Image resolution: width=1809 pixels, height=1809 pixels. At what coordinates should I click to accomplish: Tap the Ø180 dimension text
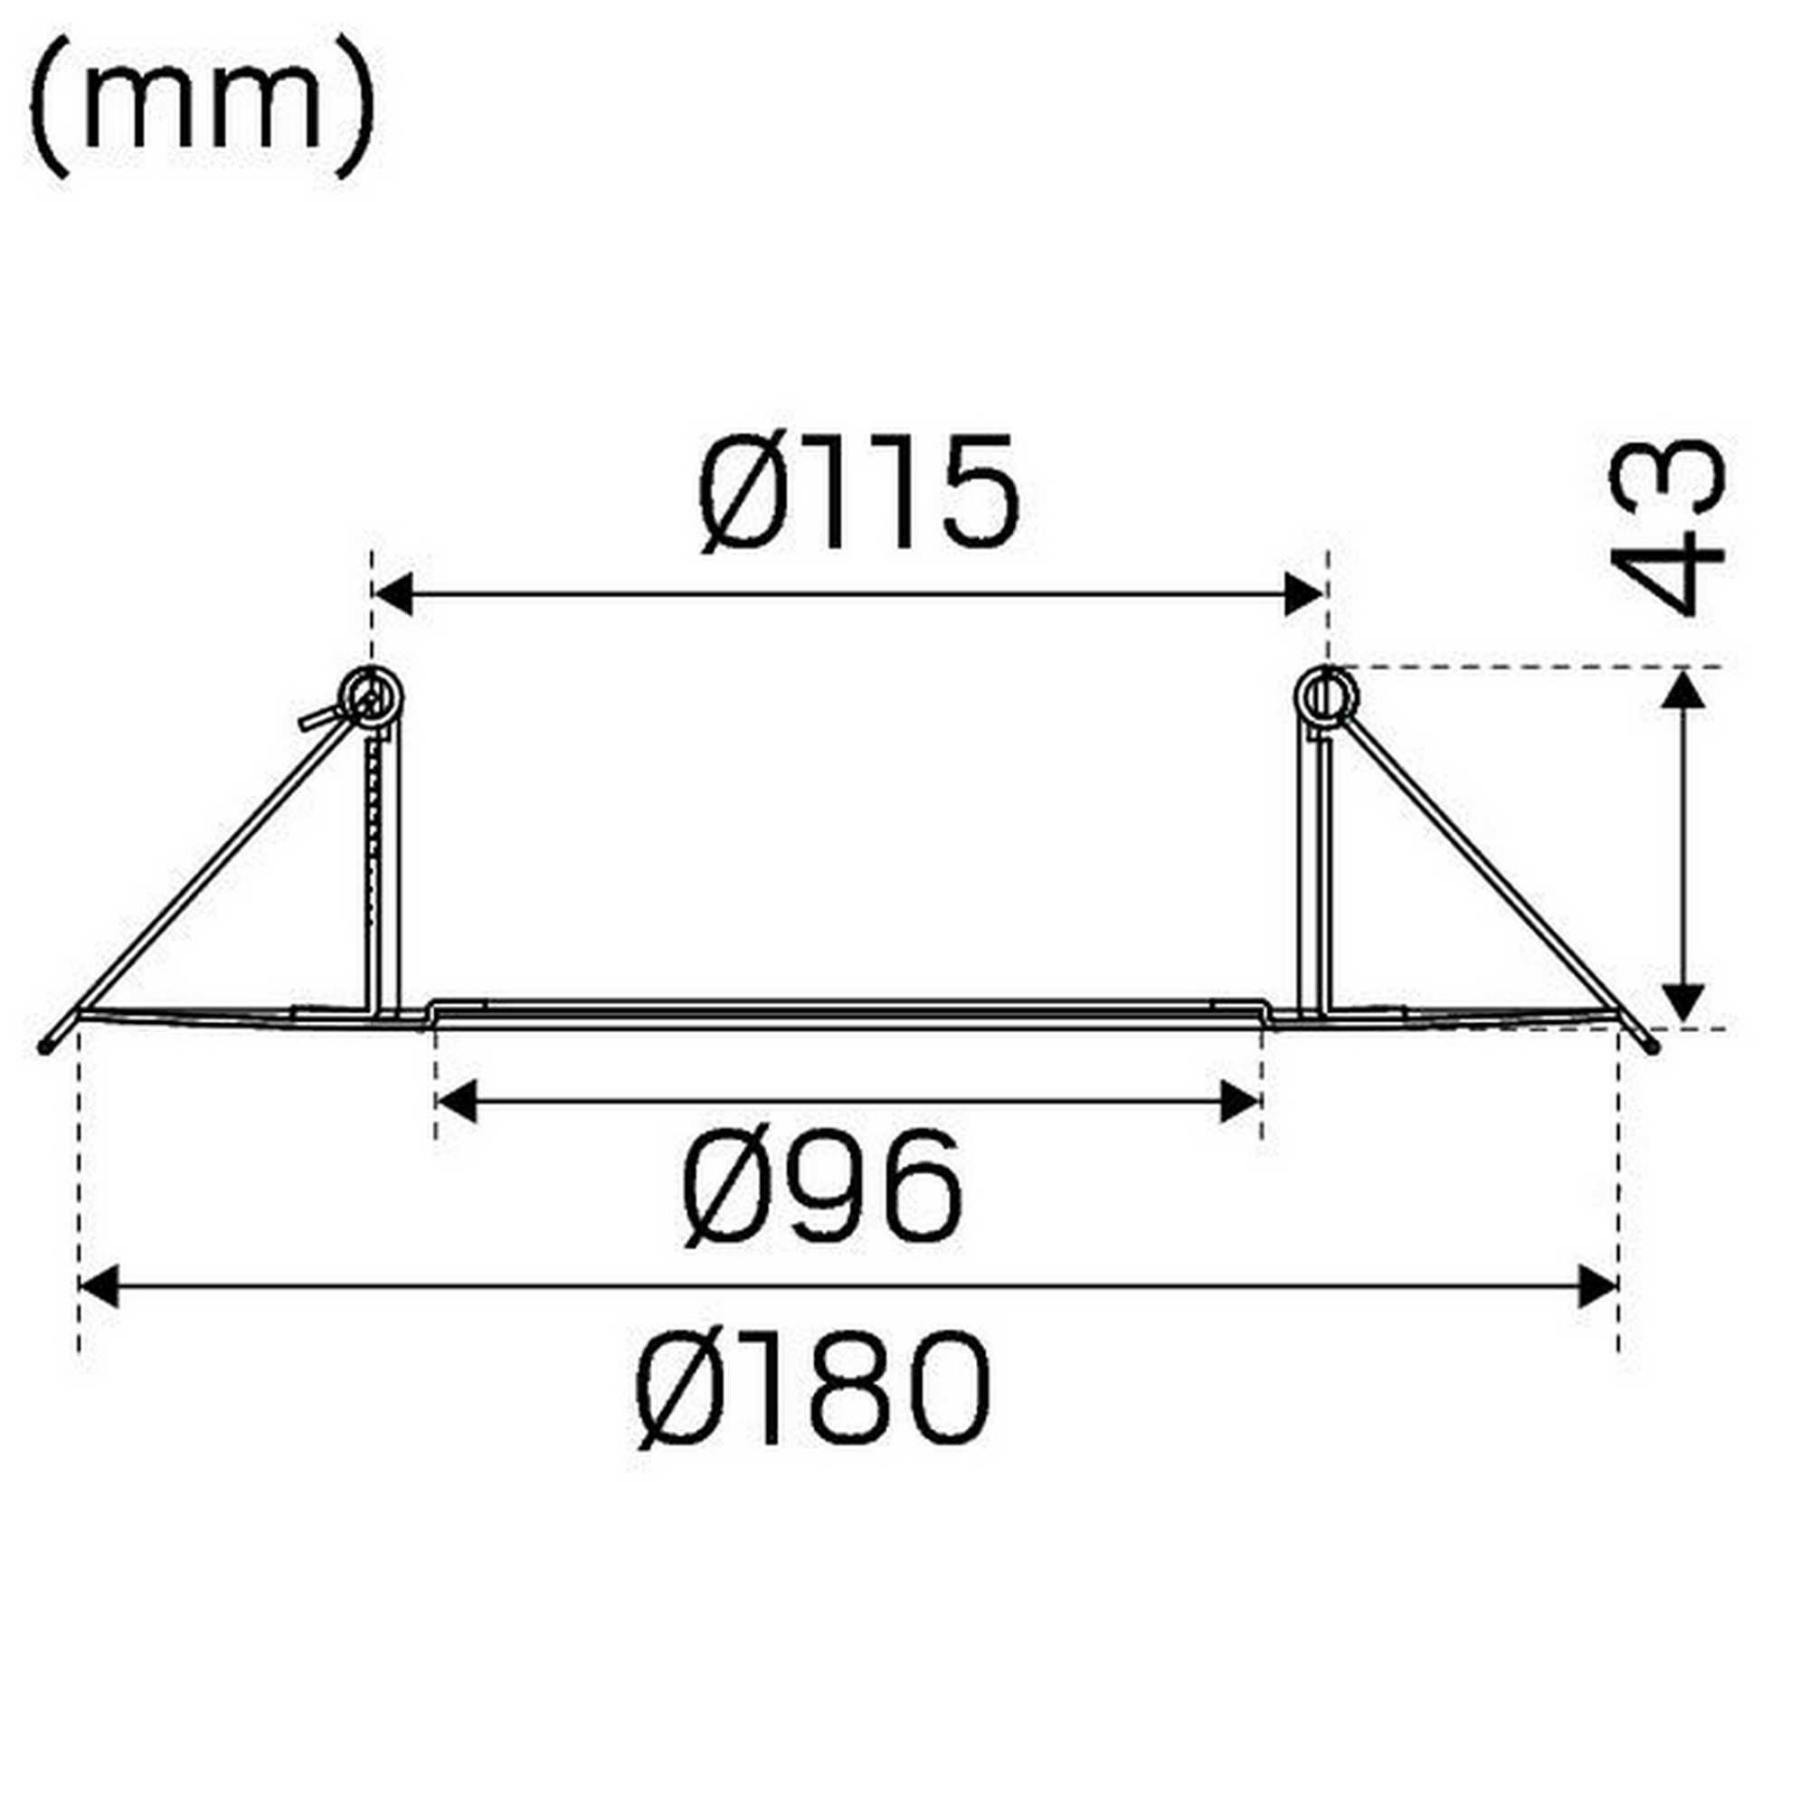pyautogui.click(x=813, y=1388)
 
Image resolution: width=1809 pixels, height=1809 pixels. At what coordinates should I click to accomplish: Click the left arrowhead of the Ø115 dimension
pyautogui.click(x=394, y=595)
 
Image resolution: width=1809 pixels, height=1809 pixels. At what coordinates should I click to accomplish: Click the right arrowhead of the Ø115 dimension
pyautogui.click(x=1304, y=595)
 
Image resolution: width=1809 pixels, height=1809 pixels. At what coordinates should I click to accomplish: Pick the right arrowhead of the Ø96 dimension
pyautogui.click(x=1239, y=1102)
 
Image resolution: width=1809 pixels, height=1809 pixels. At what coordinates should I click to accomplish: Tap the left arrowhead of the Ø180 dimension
pyautogui.click(x=99, y=1285)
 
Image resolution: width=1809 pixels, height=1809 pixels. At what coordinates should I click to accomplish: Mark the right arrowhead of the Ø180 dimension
pyautogui.click(x=1597, y=1285)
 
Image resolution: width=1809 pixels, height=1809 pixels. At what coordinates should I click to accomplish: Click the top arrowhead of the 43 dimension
pyautogui.click(x=1686, y=690)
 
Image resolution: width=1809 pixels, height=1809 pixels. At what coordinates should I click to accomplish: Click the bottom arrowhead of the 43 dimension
pyautogui.click(x=1686, y=1005)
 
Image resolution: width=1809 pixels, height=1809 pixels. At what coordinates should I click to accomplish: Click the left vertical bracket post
pyautogui.click(x=382, y=871)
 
